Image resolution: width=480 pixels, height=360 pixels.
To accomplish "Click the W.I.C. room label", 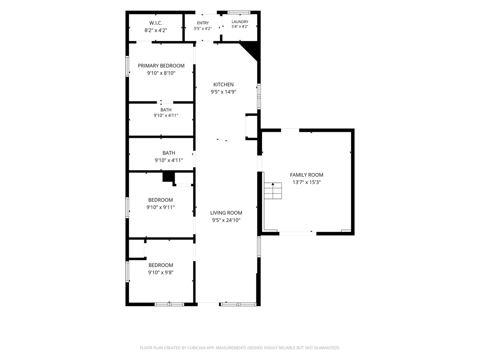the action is pyautogui.click(x=156, y=23).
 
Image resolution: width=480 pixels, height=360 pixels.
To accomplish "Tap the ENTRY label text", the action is pyautogui.click(x=203, y=23).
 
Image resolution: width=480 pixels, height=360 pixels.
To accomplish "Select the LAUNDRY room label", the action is pyautogui.click(x=240, y=22).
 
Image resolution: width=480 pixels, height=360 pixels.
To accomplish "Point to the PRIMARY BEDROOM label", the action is pyautogui.click(x=161, y=66).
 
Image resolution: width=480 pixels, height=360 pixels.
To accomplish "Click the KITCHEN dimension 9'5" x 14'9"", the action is pyautogui.click(x=223, y=92).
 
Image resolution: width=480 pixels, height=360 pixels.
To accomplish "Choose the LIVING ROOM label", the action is pyautogui.click(x=226, y=213).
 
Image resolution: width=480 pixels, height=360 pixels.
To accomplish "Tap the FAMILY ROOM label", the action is pyautogui.click(x=307, y=175).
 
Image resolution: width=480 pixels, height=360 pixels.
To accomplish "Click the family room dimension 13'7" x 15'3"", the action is pyautogui.click(x=307, y=182).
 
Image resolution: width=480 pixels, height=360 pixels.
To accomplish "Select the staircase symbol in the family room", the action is pyautogui.click(x=273, y=191).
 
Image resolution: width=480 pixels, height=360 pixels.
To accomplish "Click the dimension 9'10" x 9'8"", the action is pyautogui.click(x=161, y=272).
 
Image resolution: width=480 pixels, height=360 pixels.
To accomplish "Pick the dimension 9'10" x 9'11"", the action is pyautogui.click(x=161, y=207).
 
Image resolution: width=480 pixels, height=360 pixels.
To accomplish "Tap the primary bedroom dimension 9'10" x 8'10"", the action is pyautogui.click(x=161, y=73).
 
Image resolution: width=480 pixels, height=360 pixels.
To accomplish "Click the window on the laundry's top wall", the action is pyautogui.click(x=239, y=12).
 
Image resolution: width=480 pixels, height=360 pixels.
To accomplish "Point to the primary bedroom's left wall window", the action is pyautogui.click(x=127, y=66).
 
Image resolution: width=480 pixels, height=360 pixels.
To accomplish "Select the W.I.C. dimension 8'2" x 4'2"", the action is pyautogui.click(x=156, y=30).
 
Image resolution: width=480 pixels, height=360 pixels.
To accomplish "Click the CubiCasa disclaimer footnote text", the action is pyautogui.click(x=240, y=348).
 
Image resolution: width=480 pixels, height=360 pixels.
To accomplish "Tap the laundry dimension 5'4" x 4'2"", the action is pyautogui.click(x=240, y=26).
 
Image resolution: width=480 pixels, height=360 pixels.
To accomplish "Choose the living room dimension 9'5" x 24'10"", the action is pyautogui.click(x=226, y=220).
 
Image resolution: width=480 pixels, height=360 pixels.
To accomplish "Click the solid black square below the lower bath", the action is pyautogui.click(x=169, y=177).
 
